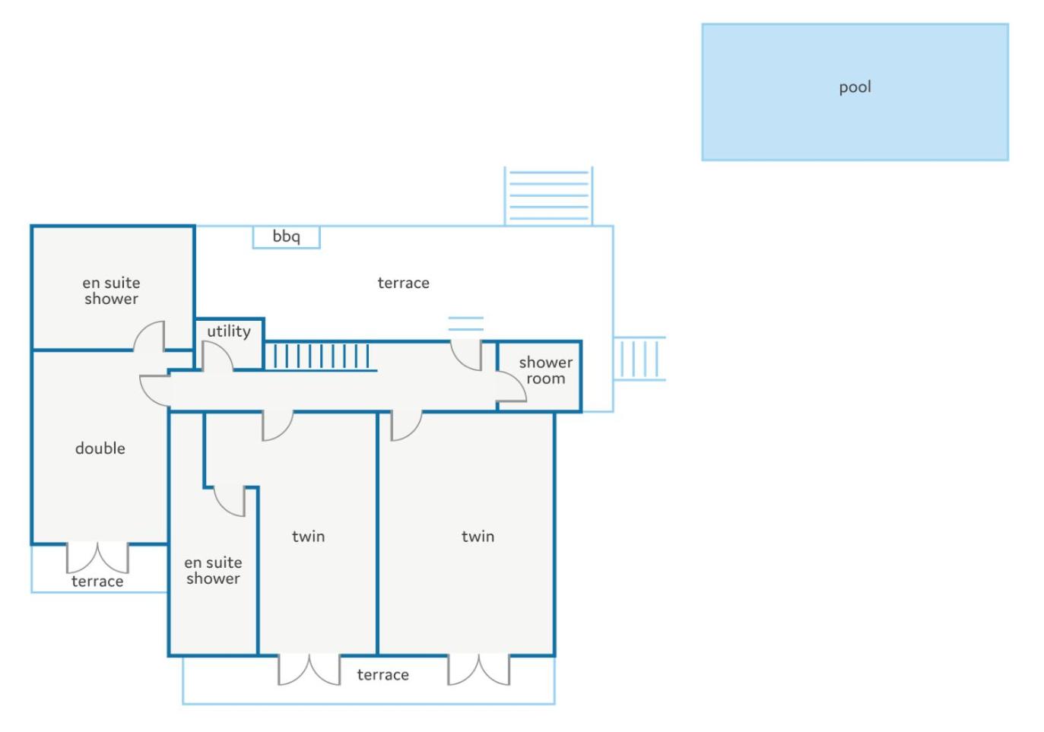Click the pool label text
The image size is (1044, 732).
855,87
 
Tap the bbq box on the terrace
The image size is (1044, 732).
286,236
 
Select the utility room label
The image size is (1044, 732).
229,331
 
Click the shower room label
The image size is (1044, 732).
545,370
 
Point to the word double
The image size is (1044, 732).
100,448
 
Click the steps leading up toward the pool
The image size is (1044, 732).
548,196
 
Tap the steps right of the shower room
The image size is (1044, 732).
639,358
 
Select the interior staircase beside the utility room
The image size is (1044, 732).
321,356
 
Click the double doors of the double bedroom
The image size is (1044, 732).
97,557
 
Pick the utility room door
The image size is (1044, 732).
217,356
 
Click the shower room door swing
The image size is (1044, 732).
511,386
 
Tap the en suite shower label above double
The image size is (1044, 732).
111,291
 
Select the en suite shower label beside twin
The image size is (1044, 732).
213,570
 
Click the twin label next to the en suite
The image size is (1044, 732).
308,537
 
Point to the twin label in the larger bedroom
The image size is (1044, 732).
478,537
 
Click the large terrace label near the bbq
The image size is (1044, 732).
403,283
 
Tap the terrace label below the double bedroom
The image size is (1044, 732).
97,581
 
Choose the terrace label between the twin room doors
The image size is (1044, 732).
382,675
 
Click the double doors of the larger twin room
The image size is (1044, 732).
478,670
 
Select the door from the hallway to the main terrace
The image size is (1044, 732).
465,356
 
